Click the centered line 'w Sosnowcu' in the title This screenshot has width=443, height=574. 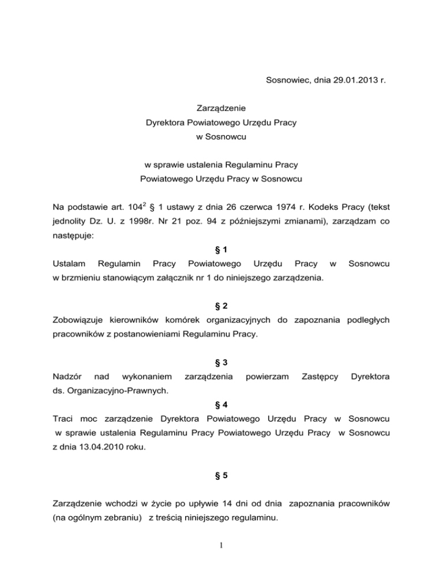[x=222, y=139]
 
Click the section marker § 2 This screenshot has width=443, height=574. [x=221, y=305]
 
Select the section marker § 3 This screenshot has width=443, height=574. [x=221, y=362]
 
